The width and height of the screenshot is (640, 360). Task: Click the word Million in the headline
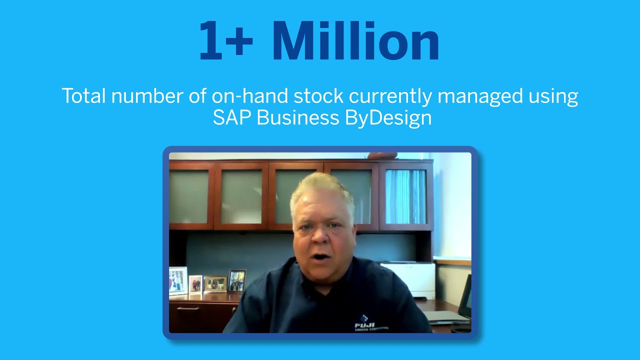tap(355, 41)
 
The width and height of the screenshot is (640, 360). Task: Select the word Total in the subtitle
tap(83, 95)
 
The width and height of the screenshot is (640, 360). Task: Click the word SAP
tap(231, 118)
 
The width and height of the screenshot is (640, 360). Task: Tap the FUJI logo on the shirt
tap(364, 322)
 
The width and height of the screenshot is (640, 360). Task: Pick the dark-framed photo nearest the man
tap(236, 280)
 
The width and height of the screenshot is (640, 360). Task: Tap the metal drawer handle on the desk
tap(188, 308)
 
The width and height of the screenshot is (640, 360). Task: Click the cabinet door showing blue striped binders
tap(406, 196)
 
